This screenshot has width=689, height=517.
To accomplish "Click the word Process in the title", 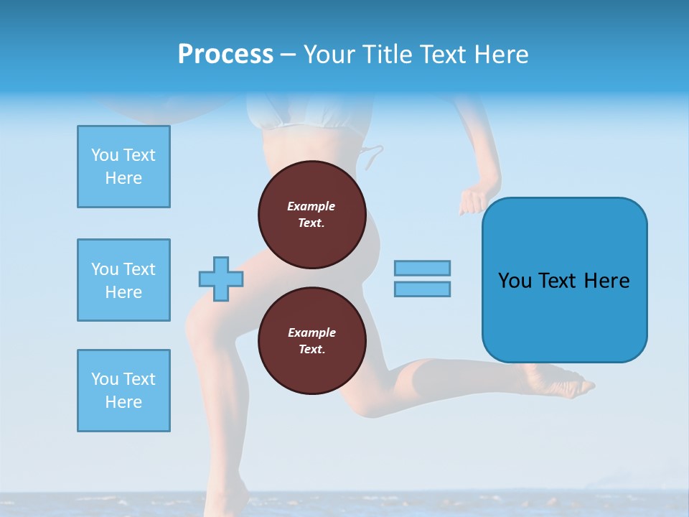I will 225,55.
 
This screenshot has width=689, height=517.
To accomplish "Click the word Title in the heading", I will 388,55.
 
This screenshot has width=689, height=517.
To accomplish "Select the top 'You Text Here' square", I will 123,167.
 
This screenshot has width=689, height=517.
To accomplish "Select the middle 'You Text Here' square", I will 123,280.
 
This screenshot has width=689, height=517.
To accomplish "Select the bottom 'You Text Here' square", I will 123,391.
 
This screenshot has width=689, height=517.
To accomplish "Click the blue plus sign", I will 221,279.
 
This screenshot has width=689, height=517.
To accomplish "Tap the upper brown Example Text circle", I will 311,215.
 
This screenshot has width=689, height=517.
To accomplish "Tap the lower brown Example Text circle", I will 311,341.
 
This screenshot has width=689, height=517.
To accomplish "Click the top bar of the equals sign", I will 422,268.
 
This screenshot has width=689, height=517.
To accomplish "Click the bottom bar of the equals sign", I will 422,289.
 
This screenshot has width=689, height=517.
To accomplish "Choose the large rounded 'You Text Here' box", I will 564,280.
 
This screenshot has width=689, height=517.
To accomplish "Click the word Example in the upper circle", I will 311,206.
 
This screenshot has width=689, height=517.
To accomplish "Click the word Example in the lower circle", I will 311,332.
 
